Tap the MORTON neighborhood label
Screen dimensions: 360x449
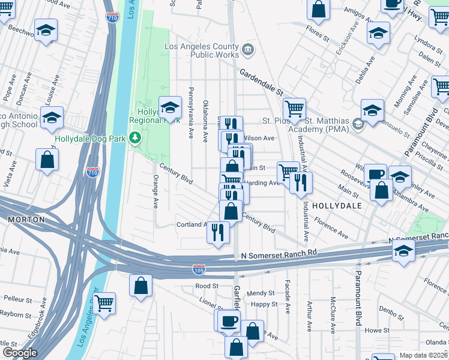26,220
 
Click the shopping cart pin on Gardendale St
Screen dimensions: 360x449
294,109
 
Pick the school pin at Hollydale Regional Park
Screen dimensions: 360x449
170,107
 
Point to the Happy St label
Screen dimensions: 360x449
264,304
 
